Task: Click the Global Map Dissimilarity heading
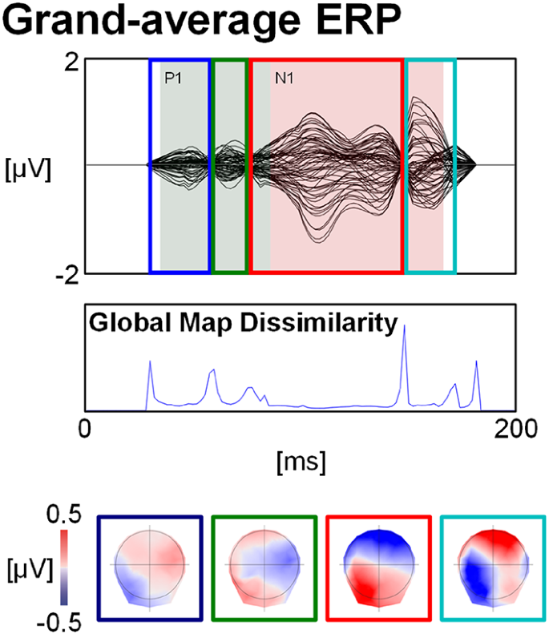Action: coord(242,323)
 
